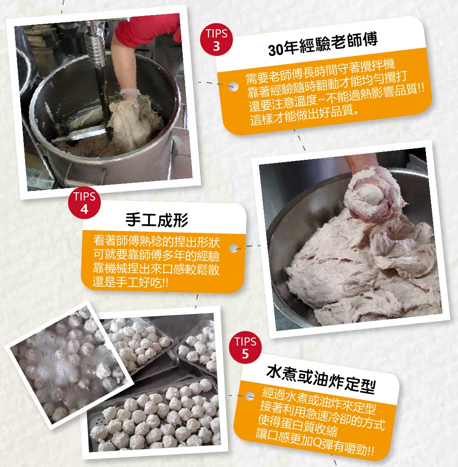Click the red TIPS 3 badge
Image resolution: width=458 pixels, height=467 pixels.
[216, 40]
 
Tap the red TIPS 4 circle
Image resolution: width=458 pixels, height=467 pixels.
[84, 203]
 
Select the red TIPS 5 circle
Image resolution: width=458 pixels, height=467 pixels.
[245, 348]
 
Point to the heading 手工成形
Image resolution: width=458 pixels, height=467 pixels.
[157, 220]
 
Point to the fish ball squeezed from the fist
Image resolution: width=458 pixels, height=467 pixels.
[372, 194]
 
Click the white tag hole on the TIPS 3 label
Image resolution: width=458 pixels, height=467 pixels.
[233, 87]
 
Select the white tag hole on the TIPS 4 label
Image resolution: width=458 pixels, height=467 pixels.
[234, 248]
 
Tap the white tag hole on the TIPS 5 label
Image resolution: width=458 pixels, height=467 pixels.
[250, 396]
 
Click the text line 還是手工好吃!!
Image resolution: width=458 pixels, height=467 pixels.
[131, 282]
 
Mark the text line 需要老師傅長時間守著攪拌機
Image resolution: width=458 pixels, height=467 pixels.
[320, 71]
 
